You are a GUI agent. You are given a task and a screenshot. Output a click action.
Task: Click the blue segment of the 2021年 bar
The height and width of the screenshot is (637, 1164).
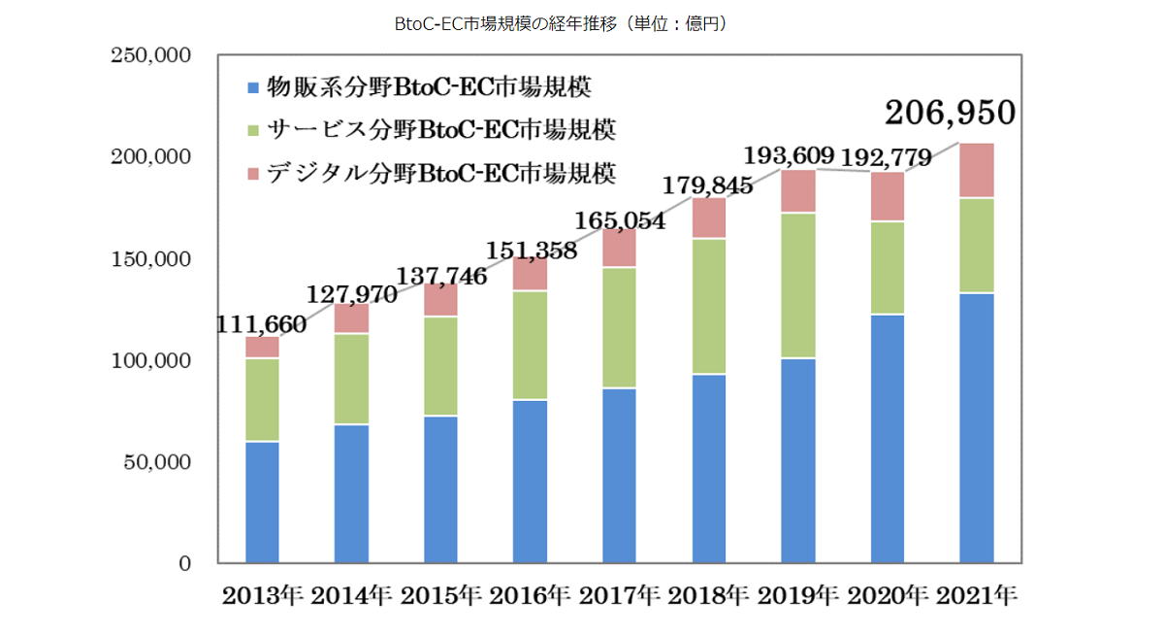pos(976,427)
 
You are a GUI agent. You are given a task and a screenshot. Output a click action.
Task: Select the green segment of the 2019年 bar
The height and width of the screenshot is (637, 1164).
pos(798,285)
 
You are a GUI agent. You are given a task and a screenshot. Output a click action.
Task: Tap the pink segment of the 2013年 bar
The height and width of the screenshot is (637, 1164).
pos(262,348)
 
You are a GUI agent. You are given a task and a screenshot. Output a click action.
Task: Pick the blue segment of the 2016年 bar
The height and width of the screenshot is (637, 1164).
pos(531,481)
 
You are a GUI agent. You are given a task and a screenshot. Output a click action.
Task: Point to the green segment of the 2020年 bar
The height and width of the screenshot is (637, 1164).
pos(888,268)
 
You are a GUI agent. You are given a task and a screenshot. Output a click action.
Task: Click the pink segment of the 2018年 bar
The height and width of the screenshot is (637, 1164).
pos(709,218)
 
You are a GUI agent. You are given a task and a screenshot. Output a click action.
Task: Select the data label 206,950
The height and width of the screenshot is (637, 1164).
pos(950,113)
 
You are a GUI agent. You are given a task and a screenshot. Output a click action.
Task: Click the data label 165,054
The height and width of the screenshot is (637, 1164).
pos(618,220)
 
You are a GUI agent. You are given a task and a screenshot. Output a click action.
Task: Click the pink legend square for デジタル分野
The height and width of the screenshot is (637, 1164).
pos(254,173)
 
